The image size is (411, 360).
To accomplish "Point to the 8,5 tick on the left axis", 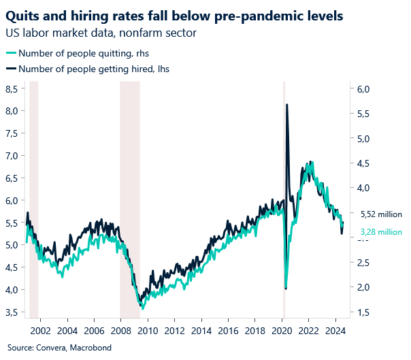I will [x=12, y=88].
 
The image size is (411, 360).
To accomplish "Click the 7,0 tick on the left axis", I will [x=12, y=156].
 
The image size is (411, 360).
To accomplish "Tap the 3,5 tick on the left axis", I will [x=12, y=312].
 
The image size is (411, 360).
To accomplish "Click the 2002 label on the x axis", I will [x=39, y=331].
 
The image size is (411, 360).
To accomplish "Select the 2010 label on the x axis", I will [x=148, y=331].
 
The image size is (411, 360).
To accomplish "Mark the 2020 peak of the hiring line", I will [x=287, y=105].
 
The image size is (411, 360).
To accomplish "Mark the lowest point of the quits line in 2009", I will [x=142, y=308].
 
